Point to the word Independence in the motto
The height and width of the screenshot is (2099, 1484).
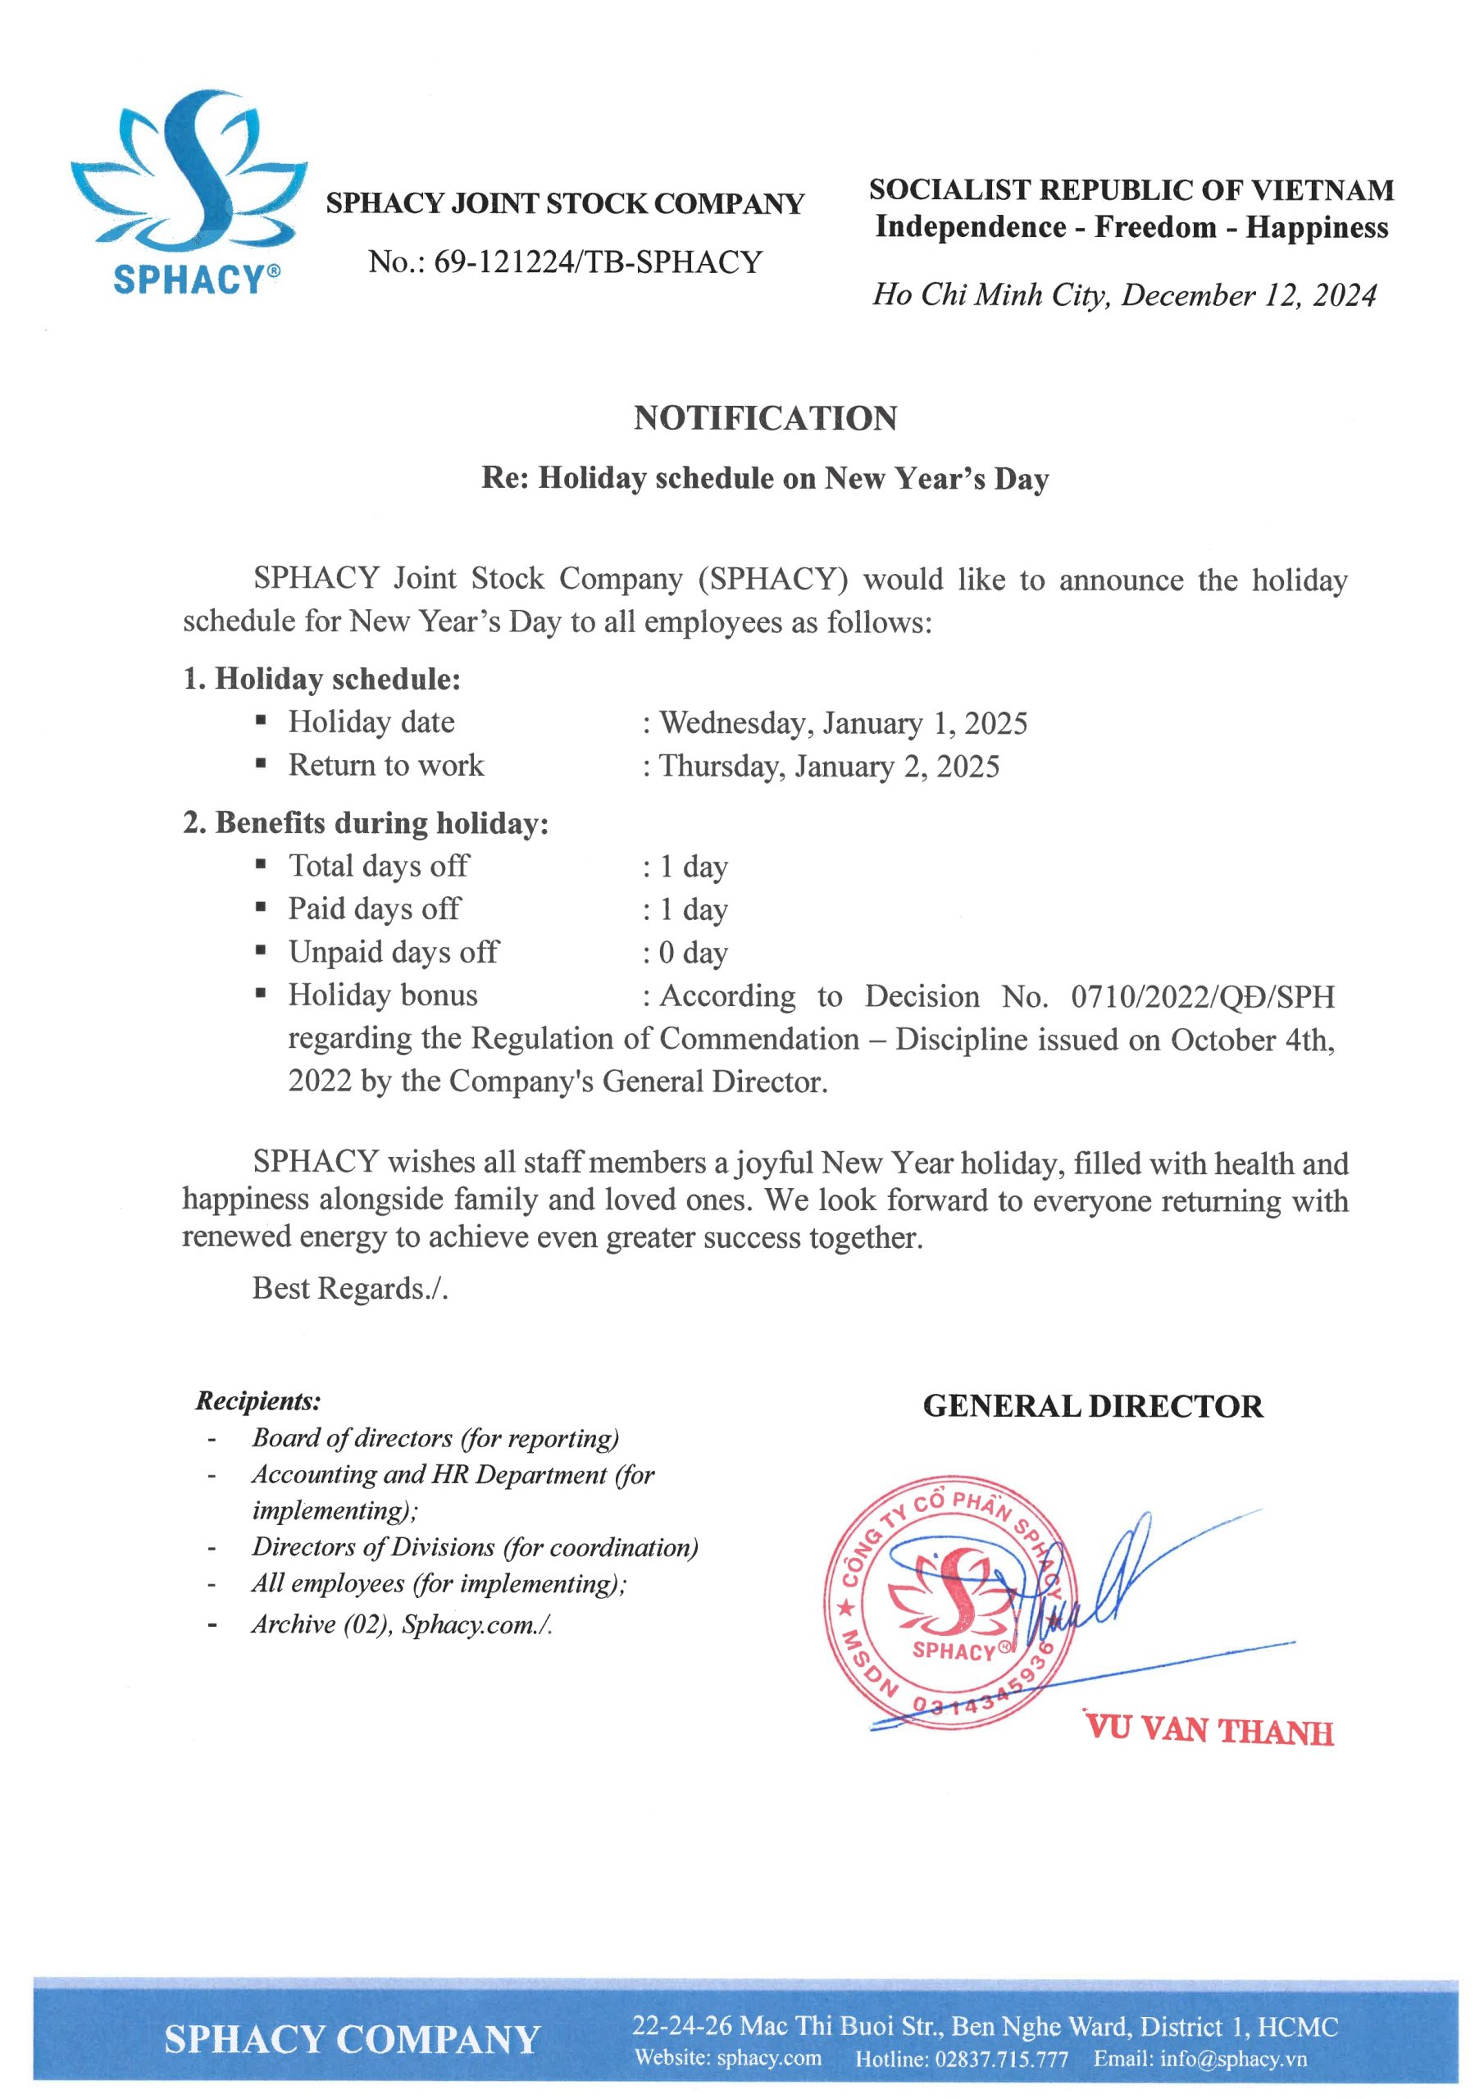pyautogui.click(x=969, y=227)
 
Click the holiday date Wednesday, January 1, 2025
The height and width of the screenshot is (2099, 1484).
pyautogui.click(x=843, y=723)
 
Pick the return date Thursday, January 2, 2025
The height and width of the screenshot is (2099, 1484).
pyautogui.click(x=830, y=766)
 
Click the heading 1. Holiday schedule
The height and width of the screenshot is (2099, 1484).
pyautogui.click(x=322, y=678)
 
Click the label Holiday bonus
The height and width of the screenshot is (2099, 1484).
pyautogui.click(x=382, y=995)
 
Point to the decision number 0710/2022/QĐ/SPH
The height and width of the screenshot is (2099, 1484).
pyautogui.click(x=1203, y=995)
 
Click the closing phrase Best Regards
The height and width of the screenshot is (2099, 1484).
pyautogui.click(x=349, y=1288)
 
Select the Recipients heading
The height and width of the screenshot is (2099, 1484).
pyautogui.click(x=257, y=1400)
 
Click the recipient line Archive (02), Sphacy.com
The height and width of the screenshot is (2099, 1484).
pyautogui.click(x=402, y=1623)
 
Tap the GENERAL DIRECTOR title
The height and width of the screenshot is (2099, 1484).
pyautogui.click(x=1093, y=1406)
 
